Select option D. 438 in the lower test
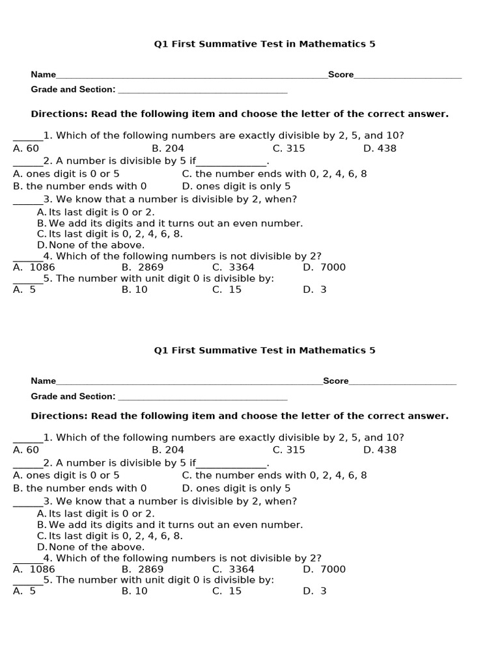click(380, 450)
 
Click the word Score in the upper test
click(340, 75)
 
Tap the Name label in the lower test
click(44, 381)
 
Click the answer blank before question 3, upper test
click(27, 200)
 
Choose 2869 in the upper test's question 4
click(150, 267)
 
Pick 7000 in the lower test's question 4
click(333, 569)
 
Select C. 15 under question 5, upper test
click(227, 290)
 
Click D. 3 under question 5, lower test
click(314, 591)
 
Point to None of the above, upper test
click(96, 245)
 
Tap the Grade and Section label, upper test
click(73, 90)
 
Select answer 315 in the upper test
click(288, 148)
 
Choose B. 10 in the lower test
click(135, 591)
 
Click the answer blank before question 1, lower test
click(27, 438)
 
